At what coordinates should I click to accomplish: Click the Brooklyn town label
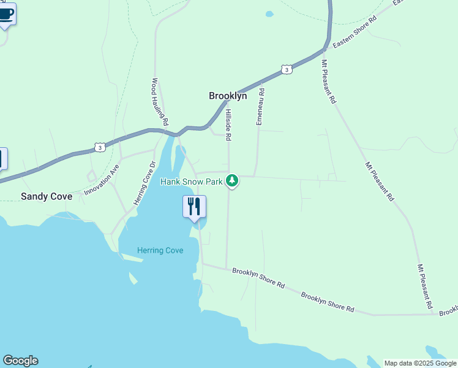[x=228, y=96]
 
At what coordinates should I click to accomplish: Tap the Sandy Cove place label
[x=47, y=196]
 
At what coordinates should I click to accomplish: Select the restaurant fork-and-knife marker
[x=194, y=207]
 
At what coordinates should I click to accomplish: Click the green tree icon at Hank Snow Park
[x=231, y=180]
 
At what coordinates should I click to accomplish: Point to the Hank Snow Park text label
[x=191, y=182]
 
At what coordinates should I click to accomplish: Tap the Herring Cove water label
[x=160, y=250]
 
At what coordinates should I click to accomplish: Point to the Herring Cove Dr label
[x=145, y=183]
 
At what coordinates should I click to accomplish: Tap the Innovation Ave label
[x=102, y=178]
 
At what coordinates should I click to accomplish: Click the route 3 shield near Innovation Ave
[x=99, y=147]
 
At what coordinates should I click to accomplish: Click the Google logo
[x=20, y=361]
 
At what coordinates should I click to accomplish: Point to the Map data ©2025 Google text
[x=420, y=363]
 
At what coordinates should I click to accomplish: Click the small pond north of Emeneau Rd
[x=269, y=13]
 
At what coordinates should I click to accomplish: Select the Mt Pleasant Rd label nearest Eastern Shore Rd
[x=329, y=80]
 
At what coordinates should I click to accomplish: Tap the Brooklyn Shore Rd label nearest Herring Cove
[x=259, y=277]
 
